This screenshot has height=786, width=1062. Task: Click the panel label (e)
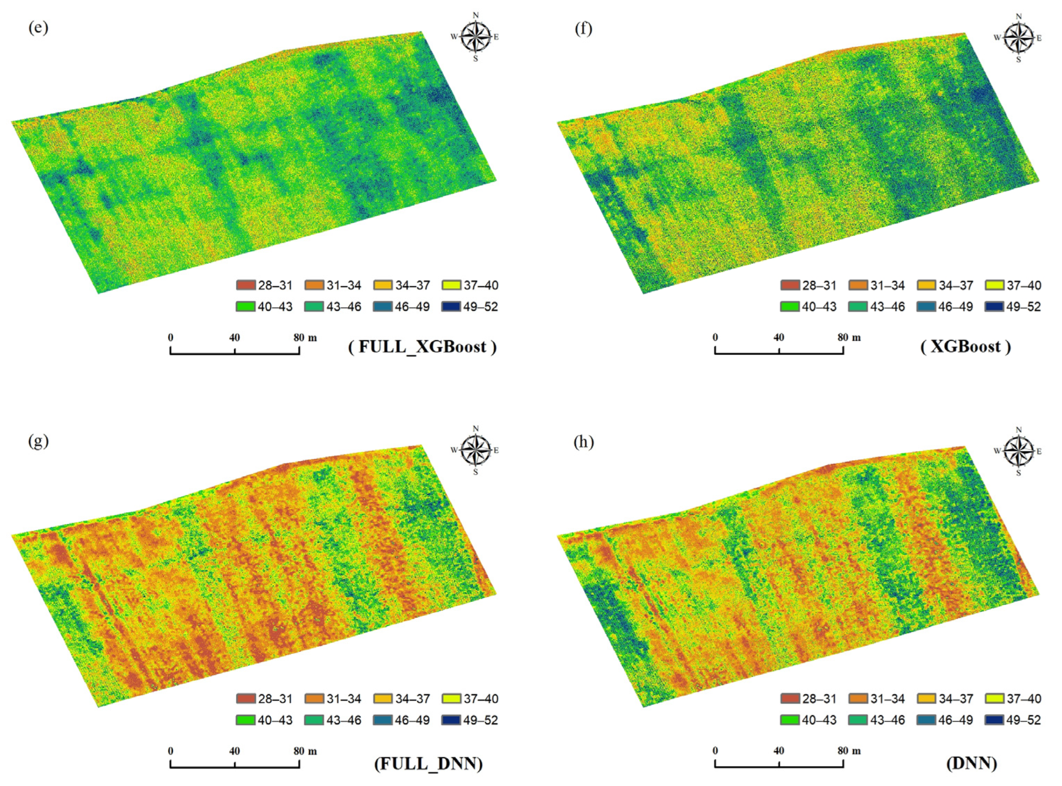click(x=38, y=28)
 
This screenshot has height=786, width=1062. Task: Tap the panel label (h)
click(x=583, y=442)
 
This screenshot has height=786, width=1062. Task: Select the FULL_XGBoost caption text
click(x=422, y=347)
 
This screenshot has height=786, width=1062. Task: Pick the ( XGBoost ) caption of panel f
click(x=965, y=346)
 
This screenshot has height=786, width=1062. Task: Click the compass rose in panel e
click(x=476, y=37)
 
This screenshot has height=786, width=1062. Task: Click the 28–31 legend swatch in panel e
click(x=245, y=285)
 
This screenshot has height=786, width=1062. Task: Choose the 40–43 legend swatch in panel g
click(x=245, y=720)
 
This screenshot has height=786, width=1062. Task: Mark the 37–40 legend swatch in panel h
click(x=995, y=699)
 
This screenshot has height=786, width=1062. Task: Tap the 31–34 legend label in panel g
click(x=343, y=699)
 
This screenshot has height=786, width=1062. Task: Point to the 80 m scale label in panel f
click(x=849, y=337)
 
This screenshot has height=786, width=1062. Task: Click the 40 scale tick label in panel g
click(x=234, y=751)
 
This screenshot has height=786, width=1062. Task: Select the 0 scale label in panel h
click(x=715, y=751)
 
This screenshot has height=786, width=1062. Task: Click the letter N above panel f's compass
click(x=1019, y=16)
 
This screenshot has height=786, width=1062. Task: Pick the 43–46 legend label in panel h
click(x=888, y=720)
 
